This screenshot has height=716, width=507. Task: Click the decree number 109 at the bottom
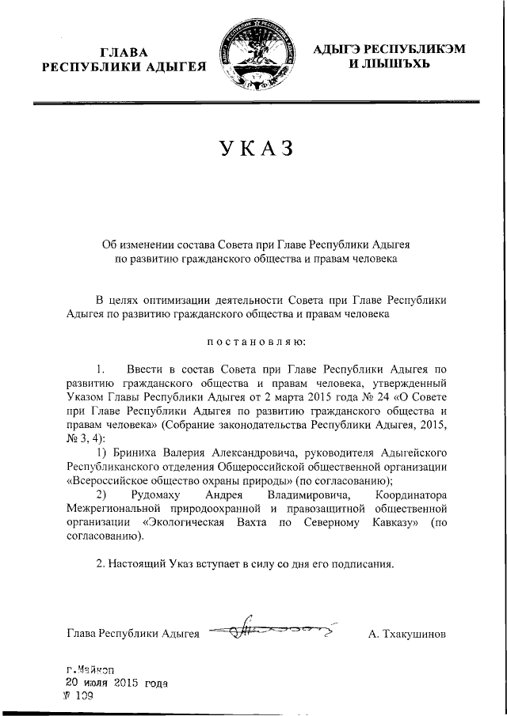pos(84,696)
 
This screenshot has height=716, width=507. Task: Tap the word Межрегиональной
pos(113,508)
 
